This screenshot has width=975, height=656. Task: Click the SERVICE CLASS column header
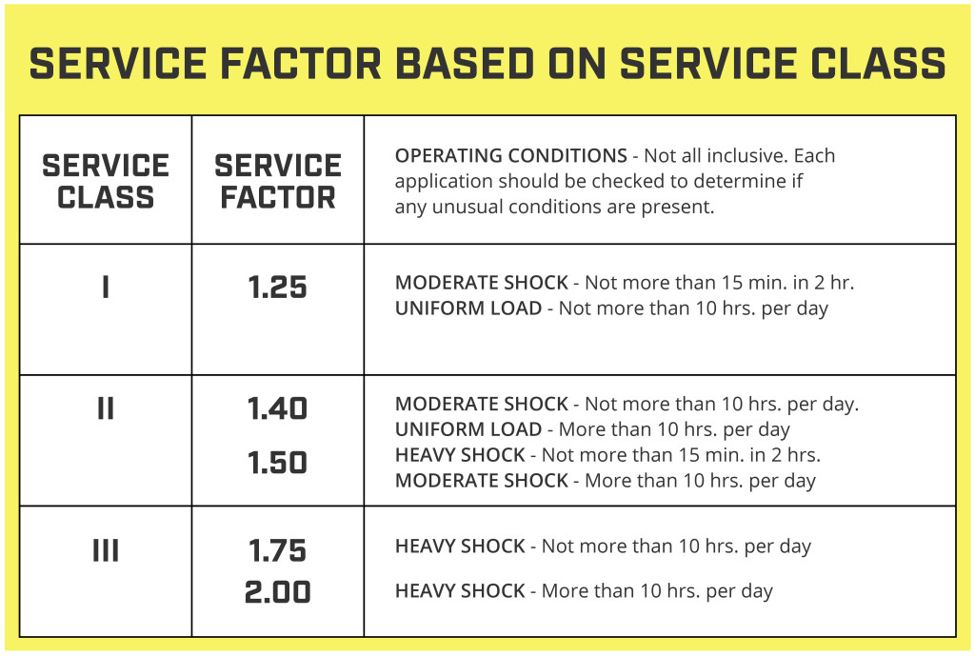(x=106, y=181)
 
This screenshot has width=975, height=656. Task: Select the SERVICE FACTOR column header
(x=277, y=181)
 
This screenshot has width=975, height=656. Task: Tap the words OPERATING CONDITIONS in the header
(x=510, y=155)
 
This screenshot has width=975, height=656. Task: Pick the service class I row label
(x=106, y=287)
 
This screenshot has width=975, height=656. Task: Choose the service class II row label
(x=106, y=408)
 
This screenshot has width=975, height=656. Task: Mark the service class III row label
(x=106, y=550)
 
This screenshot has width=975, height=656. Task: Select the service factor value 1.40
(x=277, y=409)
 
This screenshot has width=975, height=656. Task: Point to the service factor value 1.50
(x=277, y=463)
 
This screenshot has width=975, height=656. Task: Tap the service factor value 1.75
(x=277, y=551)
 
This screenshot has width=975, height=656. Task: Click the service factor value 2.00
(x=277, y=592)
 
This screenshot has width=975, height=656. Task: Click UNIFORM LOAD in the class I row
(x=468, y=308)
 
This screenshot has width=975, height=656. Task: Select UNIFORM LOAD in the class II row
(x=468, y=429)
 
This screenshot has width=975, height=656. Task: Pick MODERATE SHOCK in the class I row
(x=481, y=283)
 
